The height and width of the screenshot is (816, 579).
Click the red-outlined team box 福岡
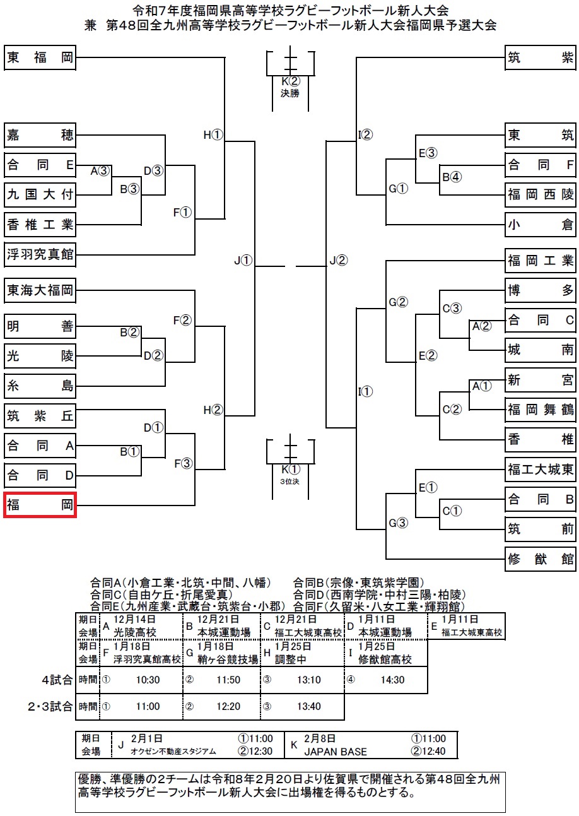tap(40, 505)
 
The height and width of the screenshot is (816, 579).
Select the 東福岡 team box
tap(40, 59)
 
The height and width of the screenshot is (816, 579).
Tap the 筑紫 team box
tap(541, 59)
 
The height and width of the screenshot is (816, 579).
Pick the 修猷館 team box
tap(541, 559)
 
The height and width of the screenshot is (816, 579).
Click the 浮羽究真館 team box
tap(40, 255)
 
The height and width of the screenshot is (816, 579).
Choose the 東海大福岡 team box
tap(40, 291)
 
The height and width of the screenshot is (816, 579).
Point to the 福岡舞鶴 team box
tap(541, 410)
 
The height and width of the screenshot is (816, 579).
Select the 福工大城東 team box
tap(541, 469)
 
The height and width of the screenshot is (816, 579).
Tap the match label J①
tap(242, 261)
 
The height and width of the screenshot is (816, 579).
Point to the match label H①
tap(213, 134)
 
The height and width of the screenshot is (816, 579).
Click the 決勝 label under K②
tap(290, 93)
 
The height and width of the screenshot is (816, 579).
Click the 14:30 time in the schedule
tap(392, 680)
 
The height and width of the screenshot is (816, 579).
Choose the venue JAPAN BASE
tap(335, 752)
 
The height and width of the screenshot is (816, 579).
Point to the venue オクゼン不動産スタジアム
tap(173, 752)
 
